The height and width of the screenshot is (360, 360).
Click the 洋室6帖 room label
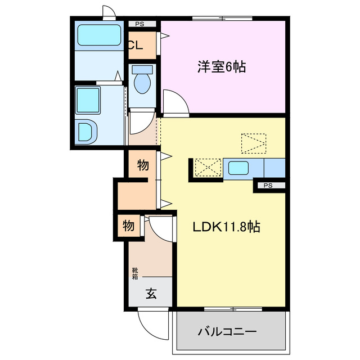click(221, 67)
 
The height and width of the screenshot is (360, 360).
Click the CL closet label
click(135, 47)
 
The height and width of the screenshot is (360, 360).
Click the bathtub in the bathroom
click(99, 36)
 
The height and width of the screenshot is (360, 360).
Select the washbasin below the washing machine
click(88, 133)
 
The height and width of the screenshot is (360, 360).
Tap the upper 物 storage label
click(143, 165)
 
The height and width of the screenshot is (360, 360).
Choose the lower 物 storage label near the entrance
click(129, 226)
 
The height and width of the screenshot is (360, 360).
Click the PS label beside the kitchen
click(268, 185)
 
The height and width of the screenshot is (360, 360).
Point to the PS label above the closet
click(139, 24)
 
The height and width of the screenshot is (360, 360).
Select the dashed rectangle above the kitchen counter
click(253, 143)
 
